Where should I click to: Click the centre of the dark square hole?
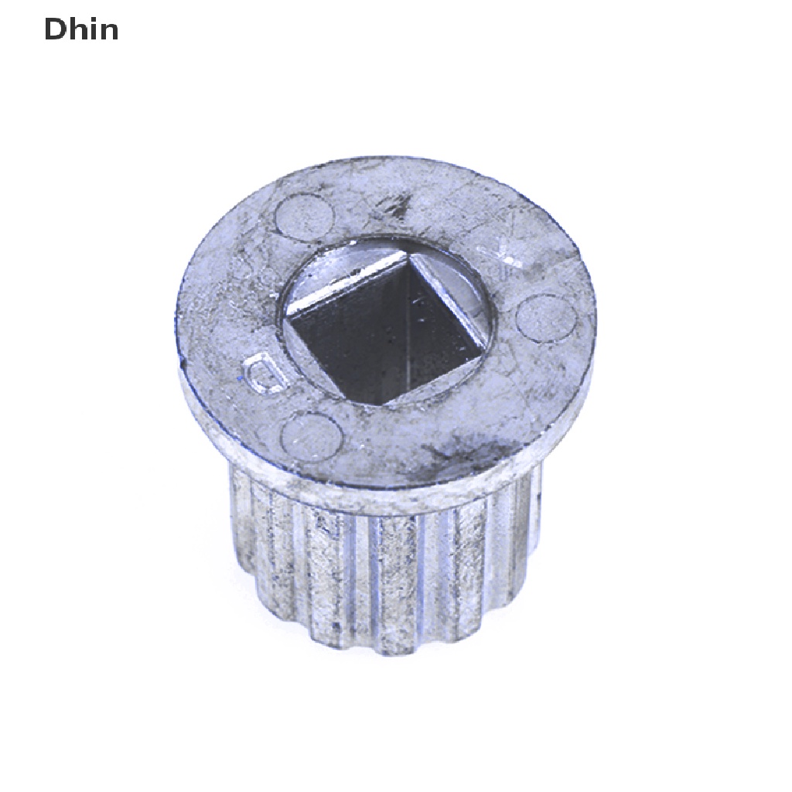click(x=391, y=327)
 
